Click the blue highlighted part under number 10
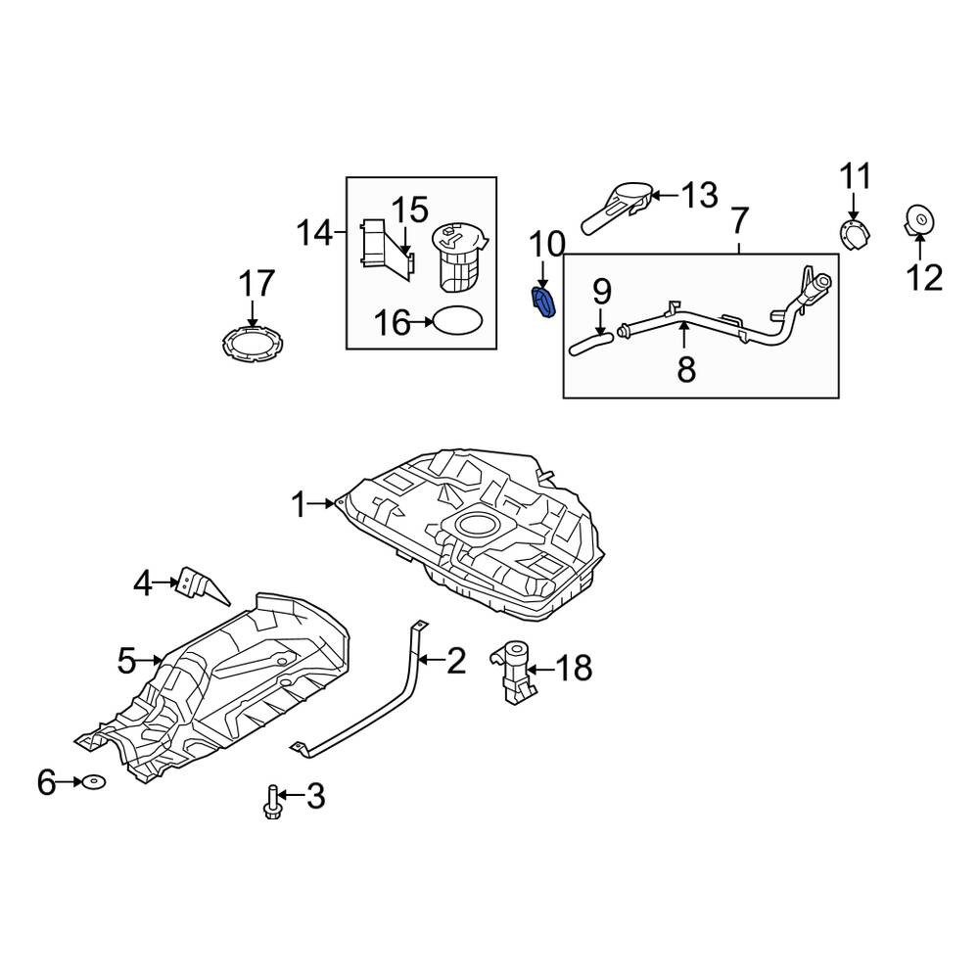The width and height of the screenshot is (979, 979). pos(543,303)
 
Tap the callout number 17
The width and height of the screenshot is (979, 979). pos(256,284)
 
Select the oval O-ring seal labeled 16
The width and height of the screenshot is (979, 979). pos(457,320)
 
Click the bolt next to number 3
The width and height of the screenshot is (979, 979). pos(271,803)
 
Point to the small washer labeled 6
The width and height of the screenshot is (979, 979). pos(94,781)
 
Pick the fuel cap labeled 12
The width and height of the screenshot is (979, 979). pos(919,221)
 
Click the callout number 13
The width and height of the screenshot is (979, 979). pos(699,196)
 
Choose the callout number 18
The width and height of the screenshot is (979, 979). pos(574,668)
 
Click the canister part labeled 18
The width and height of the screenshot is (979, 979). pos(513,672)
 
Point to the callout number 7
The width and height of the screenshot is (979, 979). pos(739,220)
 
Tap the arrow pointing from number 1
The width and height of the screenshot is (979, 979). pos(323,503)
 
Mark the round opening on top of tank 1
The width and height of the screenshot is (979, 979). pos(477,525)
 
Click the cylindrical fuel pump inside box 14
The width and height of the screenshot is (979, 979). pos(459,256)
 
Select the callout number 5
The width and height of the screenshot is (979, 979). pos(126,660)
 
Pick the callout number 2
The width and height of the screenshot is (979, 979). pos(456,661)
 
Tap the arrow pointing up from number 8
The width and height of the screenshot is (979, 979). pos(685,336)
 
